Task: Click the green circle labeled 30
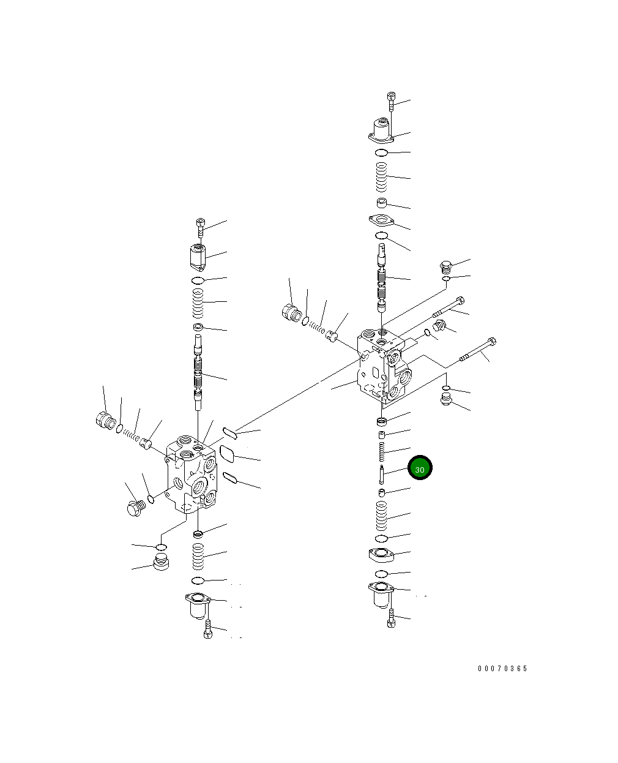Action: coord(420,467)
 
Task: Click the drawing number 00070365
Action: coord(502,669)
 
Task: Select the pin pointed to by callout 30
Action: coord(382,475)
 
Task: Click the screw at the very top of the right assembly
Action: coord(391,102)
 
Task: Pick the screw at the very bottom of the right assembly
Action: coord(391,618)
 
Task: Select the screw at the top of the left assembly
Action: coord(201,227)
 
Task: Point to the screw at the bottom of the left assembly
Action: coord(208,630)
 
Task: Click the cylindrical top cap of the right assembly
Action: coord(381,131)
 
